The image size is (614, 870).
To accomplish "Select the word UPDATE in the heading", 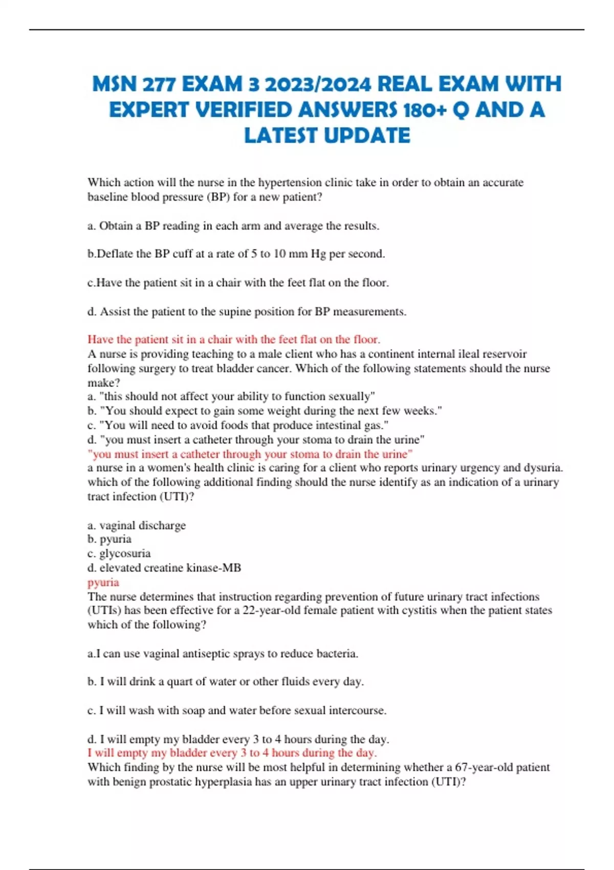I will pyautogui.click(x=367, y=136).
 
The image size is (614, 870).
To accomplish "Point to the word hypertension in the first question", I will pyautogui.click(x=290, y=183).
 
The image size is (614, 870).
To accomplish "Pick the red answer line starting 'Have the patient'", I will pyautogui.click(x=234, y=339).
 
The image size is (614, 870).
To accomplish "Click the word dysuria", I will pyautogui.click(x=542, y=468).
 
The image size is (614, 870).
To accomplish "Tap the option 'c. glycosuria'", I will pyautogui.click(x=119, y=553).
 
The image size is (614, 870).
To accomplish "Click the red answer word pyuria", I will pyautogui.click(x=103, y=582).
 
